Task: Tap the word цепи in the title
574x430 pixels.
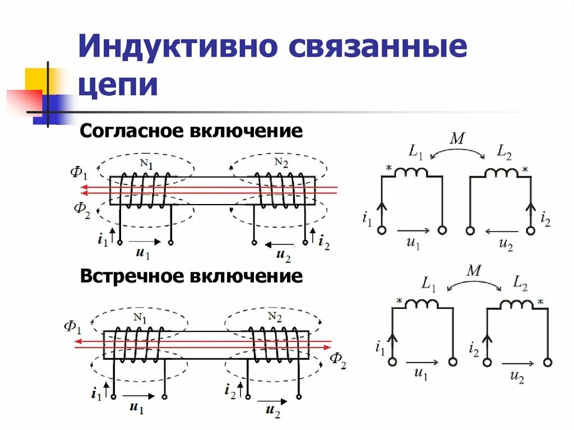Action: tap(118, 85)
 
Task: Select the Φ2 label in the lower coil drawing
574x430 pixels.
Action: tap(337, 360)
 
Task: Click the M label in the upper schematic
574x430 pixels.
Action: tap(457, 138)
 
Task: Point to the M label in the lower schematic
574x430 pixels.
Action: tap(474, 271)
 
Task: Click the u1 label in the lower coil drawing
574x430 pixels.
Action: tap(136, 408)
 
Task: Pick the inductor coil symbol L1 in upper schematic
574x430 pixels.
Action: tap(411, 172)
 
